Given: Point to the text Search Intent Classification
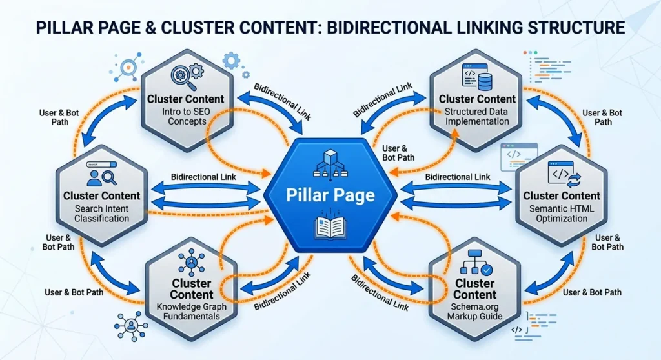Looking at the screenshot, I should click(x=101, y=214).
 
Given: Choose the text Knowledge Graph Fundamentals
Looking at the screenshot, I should click(x=191, y=311).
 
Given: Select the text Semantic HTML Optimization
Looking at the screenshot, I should click(x=562, y=214).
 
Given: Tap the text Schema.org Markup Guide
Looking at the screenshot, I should click(x=474, y=311).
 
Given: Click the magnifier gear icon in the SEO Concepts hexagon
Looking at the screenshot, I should click(x=186, y=77).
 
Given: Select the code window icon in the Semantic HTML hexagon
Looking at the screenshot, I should click(x=562, y=174).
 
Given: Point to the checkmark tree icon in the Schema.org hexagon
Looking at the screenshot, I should click(x=474, y=263).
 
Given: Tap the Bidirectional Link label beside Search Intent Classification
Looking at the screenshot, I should click(x=203, y=176).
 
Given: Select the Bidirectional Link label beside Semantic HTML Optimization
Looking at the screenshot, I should click(x=457, y=176).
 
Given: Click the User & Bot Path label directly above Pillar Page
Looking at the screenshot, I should click(x=395, y=153).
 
